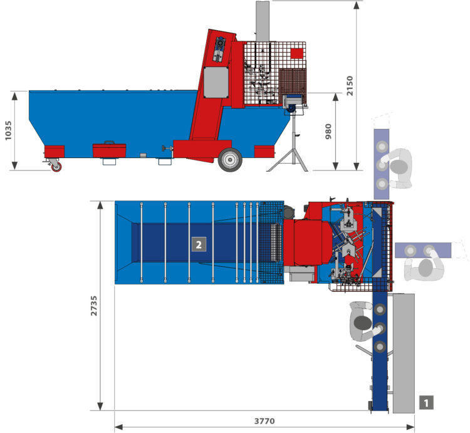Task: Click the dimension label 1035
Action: [x=8, y=130]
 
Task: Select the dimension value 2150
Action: [x=350, y=86]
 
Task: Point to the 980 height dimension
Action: [x=328, y=131]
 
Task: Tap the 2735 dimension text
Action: [x=94, y=306]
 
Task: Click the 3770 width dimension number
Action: [x=264, y=421]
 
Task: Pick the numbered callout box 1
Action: [x=426, y=402]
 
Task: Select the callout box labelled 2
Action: [x=199, y=244]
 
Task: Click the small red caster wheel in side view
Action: [x=56, y=167]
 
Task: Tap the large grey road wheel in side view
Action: [x=230, y=160]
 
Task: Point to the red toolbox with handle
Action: [x=109, y=150]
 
